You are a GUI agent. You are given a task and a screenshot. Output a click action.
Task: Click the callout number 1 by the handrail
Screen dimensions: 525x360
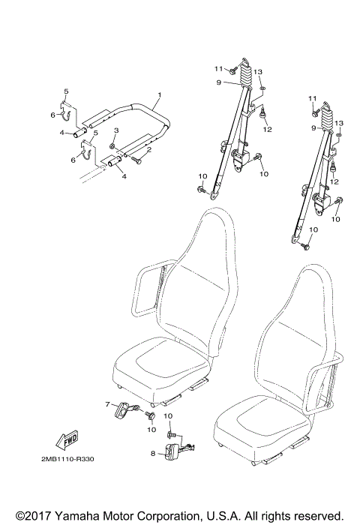tap(160, 95)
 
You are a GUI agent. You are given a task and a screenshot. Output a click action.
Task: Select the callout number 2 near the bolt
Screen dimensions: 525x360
tap(149, 149)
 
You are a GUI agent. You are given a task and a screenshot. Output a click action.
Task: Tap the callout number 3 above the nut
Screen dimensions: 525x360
tap(115, 132)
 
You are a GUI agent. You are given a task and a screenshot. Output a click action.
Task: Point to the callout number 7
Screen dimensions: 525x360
tap(107, 403)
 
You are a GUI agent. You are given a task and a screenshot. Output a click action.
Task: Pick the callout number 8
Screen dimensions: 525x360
tap(154, 454)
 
